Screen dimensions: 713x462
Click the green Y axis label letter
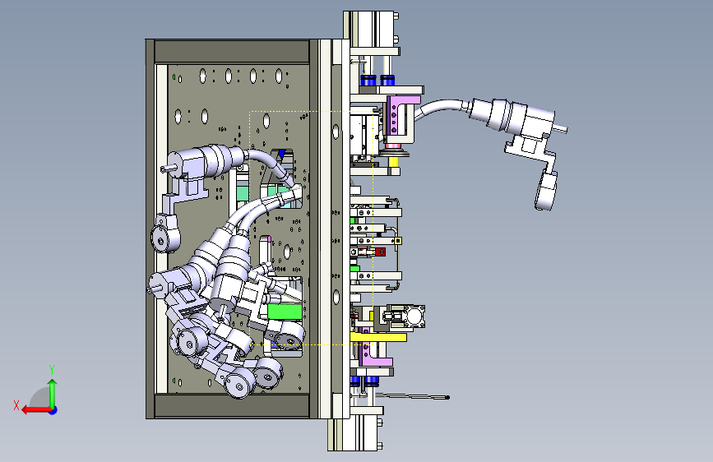coord(52,370)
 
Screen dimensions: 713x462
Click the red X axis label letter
coord(16,405)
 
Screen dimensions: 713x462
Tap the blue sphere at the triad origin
coord(53,410)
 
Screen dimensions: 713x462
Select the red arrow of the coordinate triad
coord(36,410)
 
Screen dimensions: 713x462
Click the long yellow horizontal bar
coord(378,337)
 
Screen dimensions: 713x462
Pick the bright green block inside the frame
coord(285,312)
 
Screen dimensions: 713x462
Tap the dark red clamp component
coord(376,252)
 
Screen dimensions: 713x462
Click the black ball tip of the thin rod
coord(447,397)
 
